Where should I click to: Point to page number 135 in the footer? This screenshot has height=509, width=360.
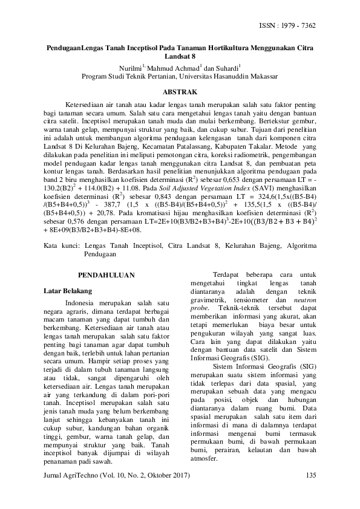pyautogui.click(x=312, y=475)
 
